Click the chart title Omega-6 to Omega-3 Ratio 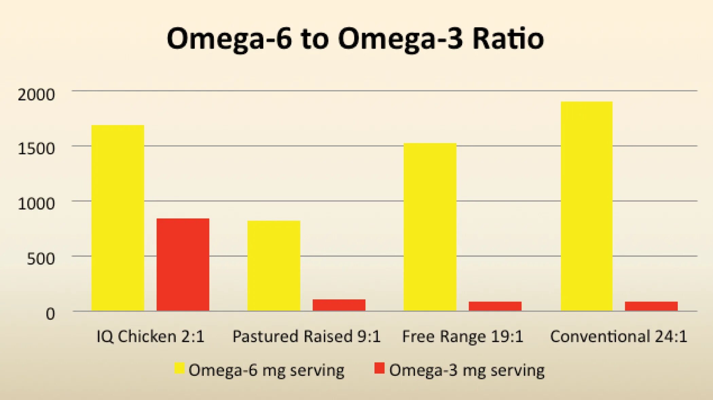point(355,39)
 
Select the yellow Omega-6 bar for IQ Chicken point(118,218)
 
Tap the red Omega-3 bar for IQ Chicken point(183,264)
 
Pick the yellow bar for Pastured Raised point(274,265)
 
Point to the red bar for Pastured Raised point(339,305)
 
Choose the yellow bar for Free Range point(430,227)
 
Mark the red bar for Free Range point(495,306)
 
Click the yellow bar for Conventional point(586,206)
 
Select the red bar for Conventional point(651,306)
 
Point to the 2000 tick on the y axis point(36,94)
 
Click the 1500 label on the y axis point(36,149)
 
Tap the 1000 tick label point(36,204)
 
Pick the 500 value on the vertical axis point(41,259)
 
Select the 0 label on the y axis point(50,314)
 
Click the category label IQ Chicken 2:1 point(150,336)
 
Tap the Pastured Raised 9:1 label point(306,336)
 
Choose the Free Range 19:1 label point(462,336)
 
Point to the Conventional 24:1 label point(619,336)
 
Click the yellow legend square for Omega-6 point(179,368)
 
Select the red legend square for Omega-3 point(379,368)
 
